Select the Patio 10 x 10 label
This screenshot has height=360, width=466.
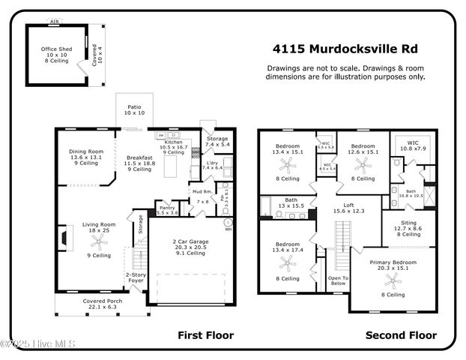coord(134,110)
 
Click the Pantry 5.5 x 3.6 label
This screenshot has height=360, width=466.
coord(166,210)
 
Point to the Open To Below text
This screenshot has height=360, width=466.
coord(338,280)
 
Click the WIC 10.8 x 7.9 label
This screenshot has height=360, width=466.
coord(412,145)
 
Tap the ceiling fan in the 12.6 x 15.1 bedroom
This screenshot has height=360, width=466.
coord(363,165)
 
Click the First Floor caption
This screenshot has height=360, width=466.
coord(205,335)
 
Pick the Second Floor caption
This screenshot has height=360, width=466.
coord(401,335)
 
